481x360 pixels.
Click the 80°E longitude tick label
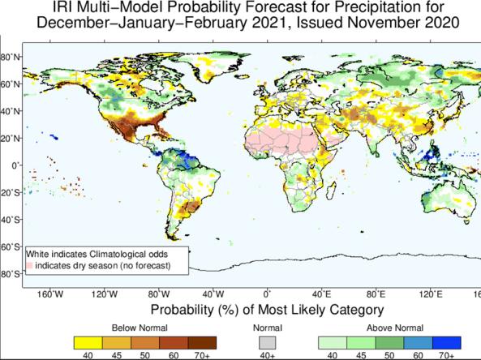coord(376,294)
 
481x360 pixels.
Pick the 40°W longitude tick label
coord(213,294)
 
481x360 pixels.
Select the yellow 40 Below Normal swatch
coord(87,341)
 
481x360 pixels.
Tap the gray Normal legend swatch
coord(266,341)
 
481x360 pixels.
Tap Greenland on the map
coord(213,66)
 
